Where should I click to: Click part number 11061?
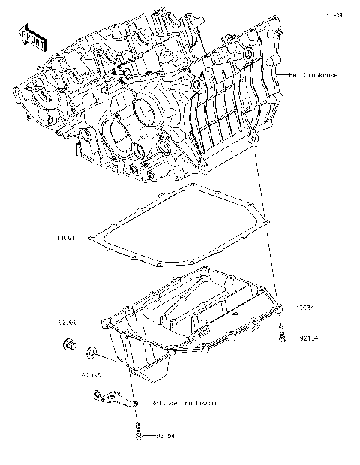[67, 238]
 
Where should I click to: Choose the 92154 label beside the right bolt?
[307, 338]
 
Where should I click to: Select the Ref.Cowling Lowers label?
[184, 403]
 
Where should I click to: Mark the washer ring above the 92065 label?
[91, 350]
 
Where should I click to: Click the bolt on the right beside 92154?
[281, 335]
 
